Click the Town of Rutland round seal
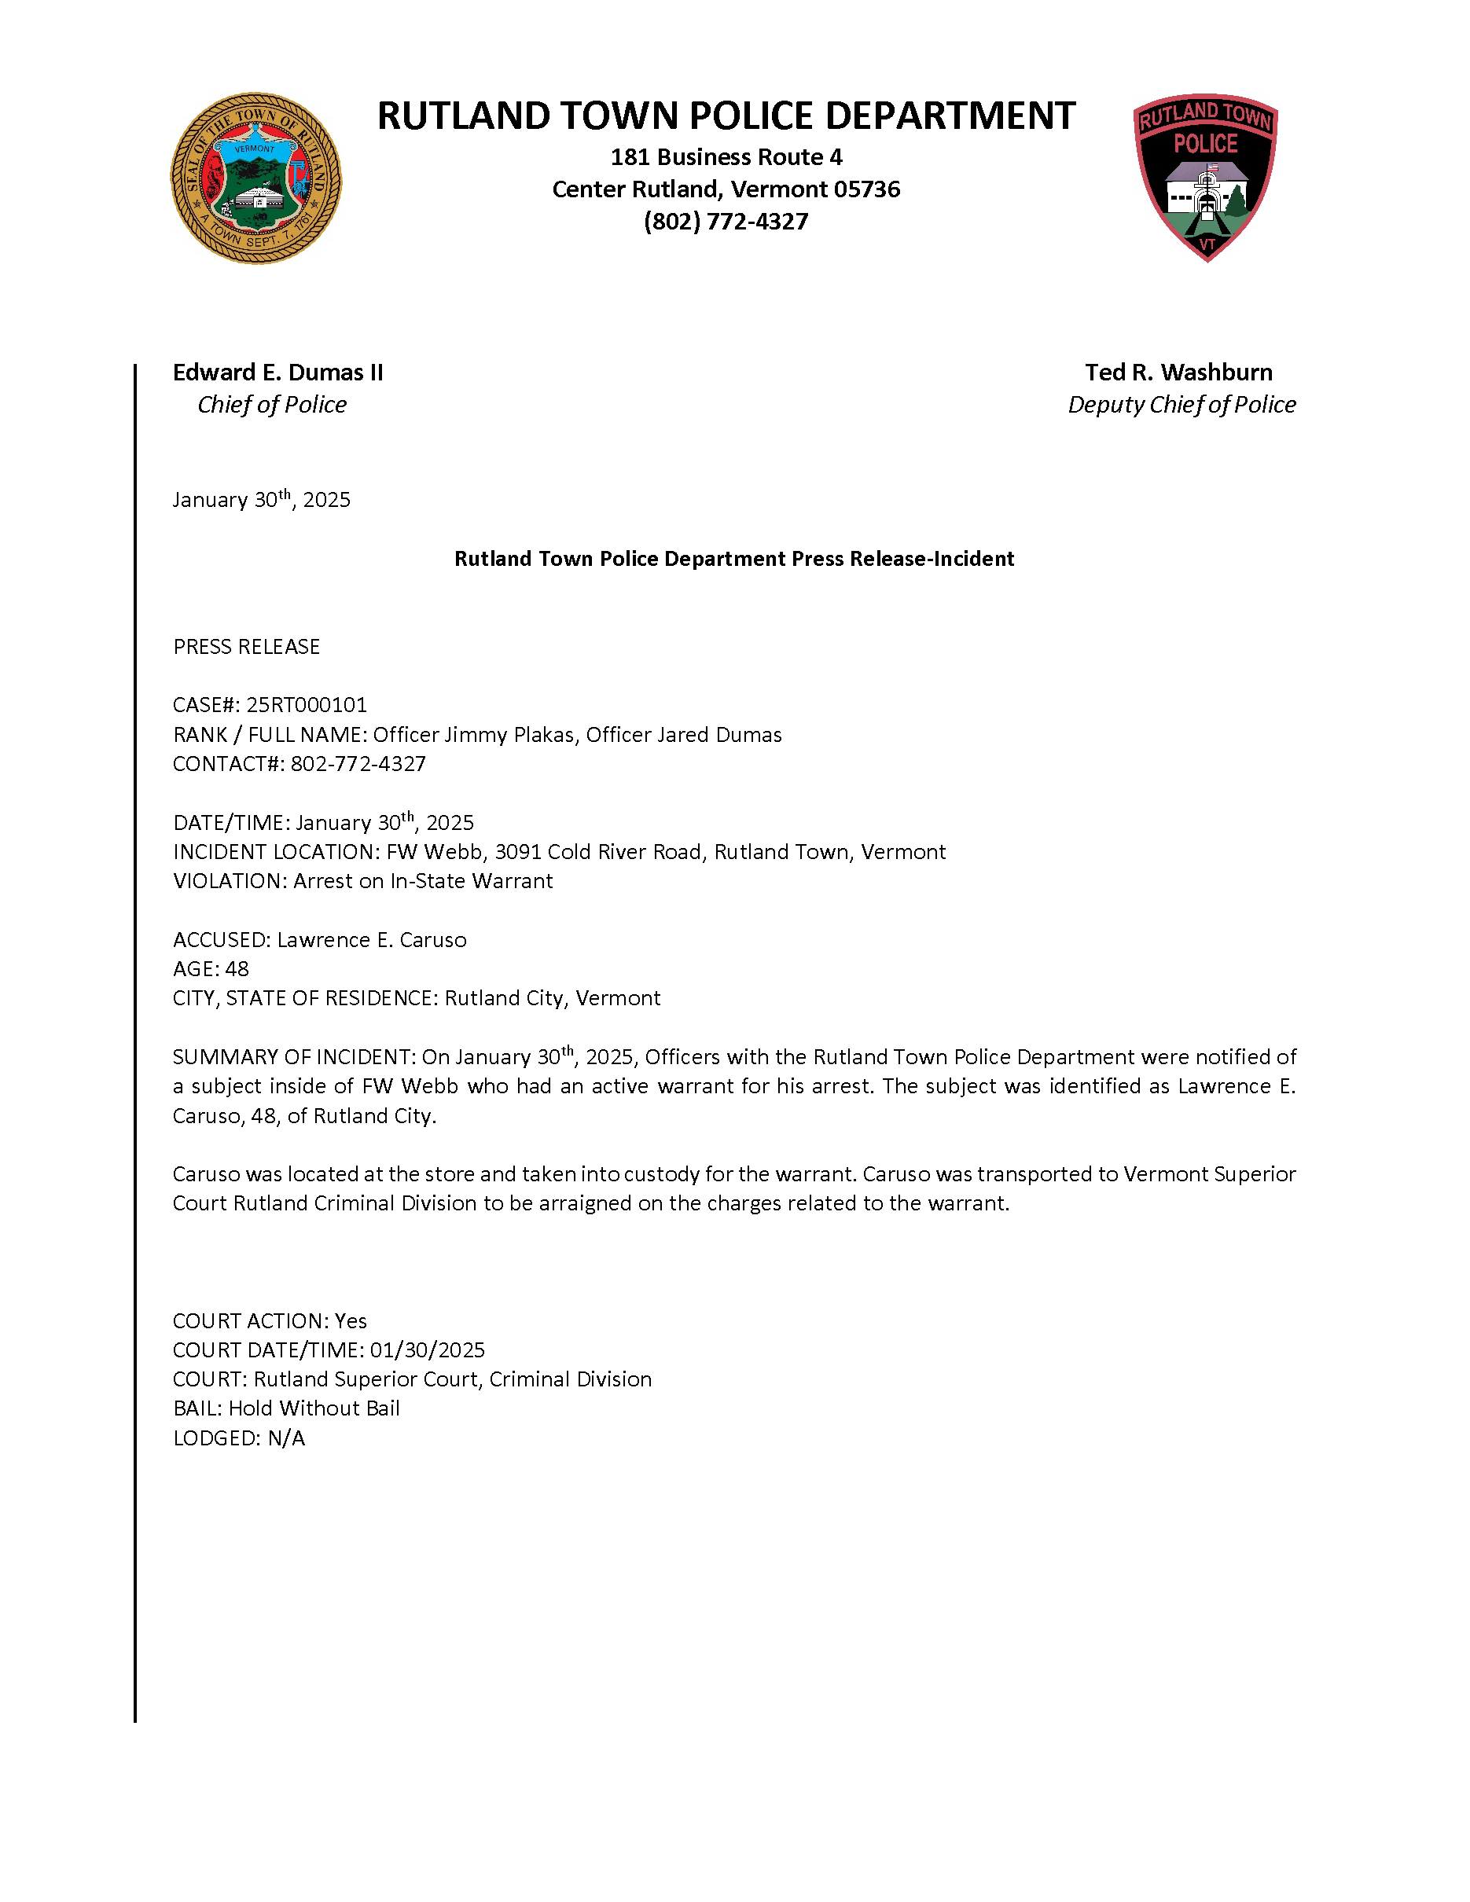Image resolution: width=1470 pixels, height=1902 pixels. [x=256, y=178]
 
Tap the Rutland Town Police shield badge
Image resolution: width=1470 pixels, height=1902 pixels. [x=1205, y=177]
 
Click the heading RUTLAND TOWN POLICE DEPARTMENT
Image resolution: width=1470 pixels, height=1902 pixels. [x=726, y=116]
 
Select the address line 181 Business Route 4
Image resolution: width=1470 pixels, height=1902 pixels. [x=726, y=158]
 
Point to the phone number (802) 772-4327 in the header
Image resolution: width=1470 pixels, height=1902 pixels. [x=726, y=222]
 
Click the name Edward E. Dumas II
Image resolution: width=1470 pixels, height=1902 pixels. [x=277, y=373]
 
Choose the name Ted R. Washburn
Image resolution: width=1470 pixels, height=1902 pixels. [x=1178, y=373]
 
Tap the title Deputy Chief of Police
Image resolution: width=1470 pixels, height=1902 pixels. [x=1181, y=405]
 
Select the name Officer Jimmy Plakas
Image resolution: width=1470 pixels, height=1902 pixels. [x=474, y=735]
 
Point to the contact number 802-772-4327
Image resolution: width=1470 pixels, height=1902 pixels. [x=358, y=764]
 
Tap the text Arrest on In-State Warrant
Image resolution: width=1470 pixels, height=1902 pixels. [x=422, y=881]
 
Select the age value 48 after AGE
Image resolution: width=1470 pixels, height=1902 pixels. [x=237, y=969]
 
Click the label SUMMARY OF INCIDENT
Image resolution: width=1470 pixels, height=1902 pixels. [x=293, y=1057]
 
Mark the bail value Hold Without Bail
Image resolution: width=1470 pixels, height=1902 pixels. [x=314, y=1408]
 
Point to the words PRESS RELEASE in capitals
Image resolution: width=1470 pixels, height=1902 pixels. [x=247, y=646]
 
